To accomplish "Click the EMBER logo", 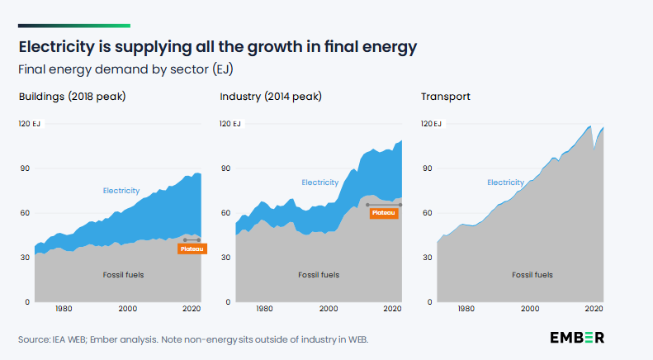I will pyautogui.click(x=577, y=337).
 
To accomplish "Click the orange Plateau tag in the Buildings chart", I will pyautogui.click(x=192, y=248).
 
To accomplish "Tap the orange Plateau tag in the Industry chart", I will pyautogui.click(x=385, y=212).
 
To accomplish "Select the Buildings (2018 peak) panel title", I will pyautogui.click(x=72, y=97).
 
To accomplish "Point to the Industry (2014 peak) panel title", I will pyautogui.click(x=271, y=97).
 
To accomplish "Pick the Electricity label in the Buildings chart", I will pyautogui.click(x=121, y=191).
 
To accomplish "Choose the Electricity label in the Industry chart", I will pyautogui.click(x=319, y=182).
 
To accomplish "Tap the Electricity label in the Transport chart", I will pyautogui.click(x=505, y=182).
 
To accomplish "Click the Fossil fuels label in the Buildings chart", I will pyautogui.click(x=123, y=274).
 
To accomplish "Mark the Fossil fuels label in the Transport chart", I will pyautogui.click(x=532, y=274).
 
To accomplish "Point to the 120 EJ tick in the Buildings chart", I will pyautogui.click(x=30, y=124).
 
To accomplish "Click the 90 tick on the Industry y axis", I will pyautogui.click(x=225, y=168).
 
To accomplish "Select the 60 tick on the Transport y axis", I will pyautogui.click(x=426, y=213).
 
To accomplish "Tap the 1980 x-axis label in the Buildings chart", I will pyautogui.click(x=64, y=309).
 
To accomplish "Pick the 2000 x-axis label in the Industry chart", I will pyautogui.click(x=329, y=309).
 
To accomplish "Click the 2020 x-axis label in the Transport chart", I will pyautogui.click(x=594, y=309).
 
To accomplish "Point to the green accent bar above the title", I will pyautogui.click(x=74, y=26).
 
